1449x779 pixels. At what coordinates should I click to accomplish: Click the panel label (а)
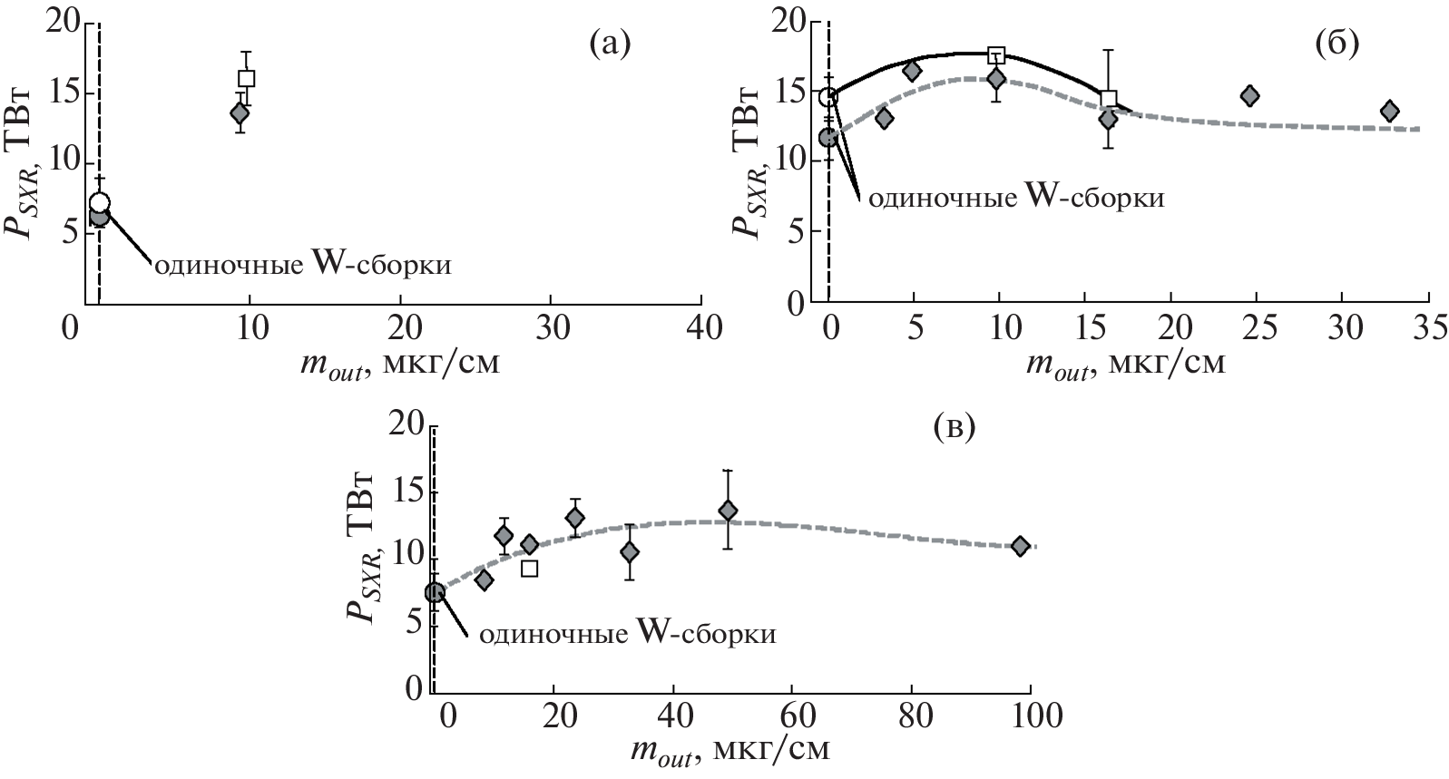608,43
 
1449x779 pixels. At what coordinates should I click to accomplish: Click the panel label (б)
1336,43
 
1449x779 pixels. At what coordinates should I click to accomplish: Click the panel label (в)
954,427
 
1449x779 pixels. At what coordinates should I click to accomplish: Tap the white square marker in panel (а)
246,78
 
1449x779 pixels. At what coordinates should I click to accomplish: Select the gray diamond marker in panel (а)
240,113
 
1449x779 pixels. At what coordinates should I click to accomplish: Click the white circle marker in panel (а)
100,202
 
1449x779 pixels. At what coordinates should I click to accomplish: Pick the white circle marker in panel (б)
828,97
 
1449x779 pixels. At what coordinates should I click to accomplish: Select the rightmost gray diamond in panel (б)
1389,111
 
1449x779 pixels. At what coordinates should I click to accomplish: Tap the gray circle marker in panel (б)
827,138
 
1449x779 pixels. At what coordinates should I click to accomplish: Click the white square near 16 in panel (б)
1108,99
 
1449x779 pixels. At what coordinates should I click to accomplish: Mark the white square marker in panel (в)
530,569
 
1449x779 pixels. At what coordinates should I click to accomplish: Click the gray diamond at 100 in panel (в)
1020,546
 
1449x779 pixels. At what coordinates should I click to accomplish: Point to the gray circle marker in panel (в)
435,592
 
